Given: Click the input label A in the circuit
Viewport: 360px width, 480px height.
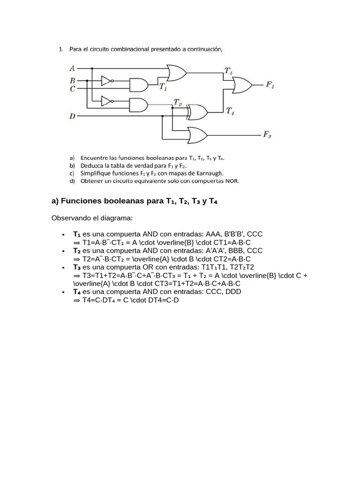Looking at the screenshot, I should tap(72, 68).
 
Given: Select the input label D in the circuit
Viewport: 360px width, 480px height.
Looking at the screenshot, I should tap(72, 116).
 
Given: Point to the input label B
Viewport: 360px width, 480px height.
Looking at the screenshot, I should tap(72, 81).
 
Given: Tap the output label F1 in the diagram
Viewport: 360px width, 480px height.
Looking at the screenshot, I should tap(270, 85).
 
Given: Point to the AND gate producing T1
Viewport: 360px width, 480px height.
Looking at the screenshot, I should tap(138, 85).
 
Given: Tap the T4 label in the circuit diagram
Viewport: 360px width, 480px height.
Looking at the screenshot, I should tap(230, 111).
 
